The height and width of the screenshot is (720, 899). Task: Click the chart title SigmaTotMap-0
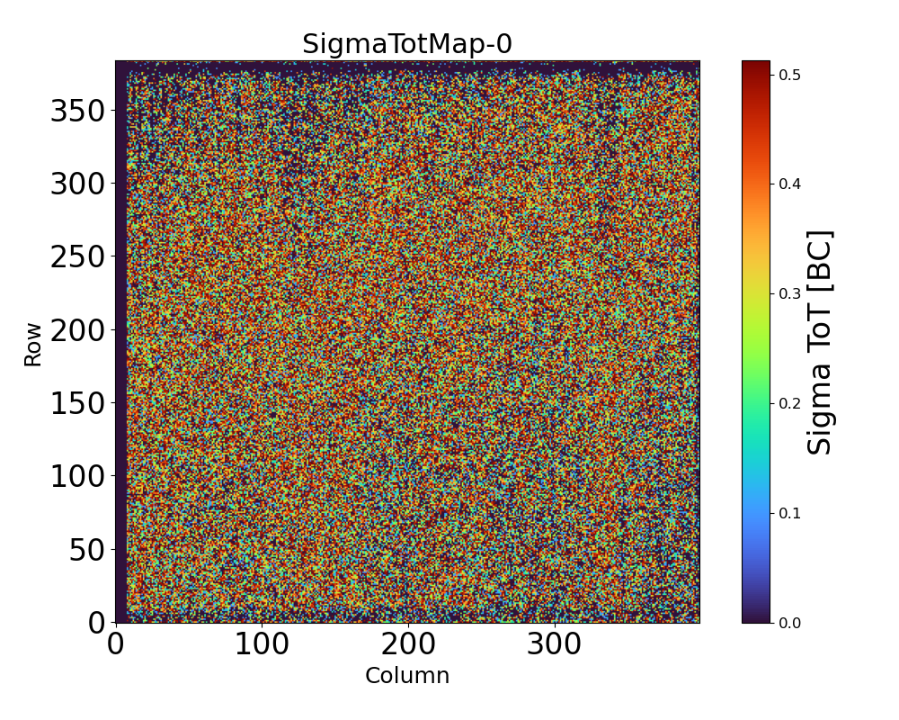click(x=406, y=44)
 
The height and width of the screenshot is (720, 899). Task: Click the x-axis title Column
click(x=406, y=676)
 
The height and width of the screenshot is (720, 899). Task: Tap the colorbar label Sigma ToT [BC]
click(x=820, y=342)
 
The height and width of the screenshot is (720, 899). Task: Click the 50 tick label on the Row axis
click(x=87, y=550)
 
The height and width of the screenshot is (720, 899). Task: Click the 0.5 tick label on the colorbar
click(x=790, y=75)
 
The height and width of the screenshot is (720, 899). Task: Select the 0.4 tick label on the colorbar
click(x=790, y=184)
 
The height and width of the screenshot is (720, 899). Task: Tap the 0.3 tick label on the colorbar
click(x=790, y=293)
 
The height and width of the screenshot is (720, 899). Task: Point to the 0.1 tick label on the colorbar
click(x=790, y=513)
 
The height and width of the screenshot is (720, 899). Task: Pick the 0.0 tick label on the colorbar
click(x=790, y=623)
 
